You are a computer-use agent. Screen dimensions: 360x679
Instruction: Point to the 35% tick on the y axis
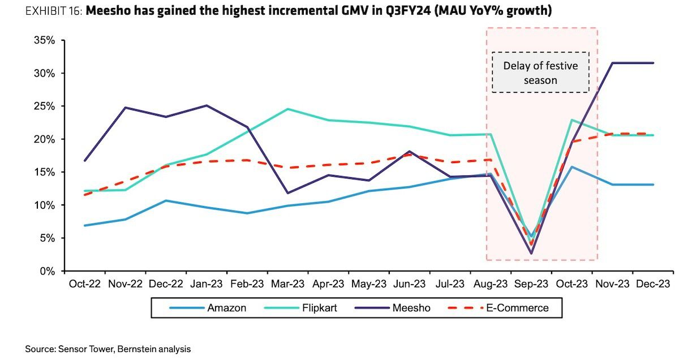(x=44, y=41)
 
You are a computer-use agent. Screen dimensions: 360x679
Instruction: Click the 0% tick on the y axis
(x=46, y=271)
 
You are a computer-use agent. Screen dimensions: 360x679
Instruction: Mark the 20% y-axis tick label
(x=44, y=139)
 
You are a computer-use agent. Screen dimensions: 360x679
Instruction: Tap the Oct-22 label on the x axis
(x=84, y=283)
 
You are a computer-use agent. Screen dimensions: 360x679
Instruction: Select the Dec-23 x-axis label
(x=653, y=283)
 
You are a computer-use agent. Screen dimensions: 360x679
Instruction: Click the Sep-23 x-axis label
(x=531, y=283)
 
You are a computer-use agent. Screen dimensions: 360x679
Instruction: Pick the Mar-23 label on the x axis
(x=287, y=283)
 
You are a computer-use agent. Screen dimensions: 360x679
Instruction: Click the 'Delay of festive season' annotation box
(x=540, y=72)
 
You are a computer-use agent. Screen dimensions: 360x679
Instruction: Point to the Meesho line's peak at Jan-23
(x=207, y=105)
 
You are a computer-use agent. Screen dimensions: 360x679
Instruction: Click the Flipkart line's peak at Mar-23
(x=287, y=109)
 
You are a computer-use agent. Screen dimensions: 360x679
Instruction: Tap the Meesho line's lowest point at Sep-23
(x=531, y=254)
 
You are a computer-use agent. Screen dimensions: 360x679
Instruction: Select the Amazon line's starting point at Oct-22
(x=84, y=225)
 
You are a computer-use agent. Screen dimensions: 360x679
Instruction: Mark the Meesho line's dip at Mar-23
(x=287, y=193)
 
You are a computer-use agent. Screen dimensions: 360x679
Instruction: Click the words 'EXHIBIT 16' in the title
(x=53, y=11)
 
